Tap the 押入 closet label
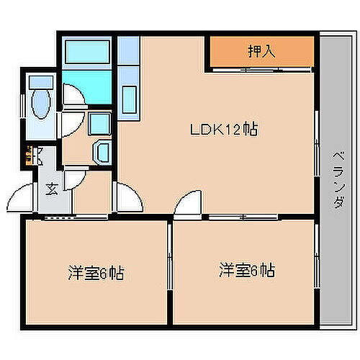[262, 52]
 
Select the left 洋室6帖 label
[96, 273]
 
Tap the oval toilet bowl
[41, 108]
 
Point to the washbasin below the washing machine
[102, 153]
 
